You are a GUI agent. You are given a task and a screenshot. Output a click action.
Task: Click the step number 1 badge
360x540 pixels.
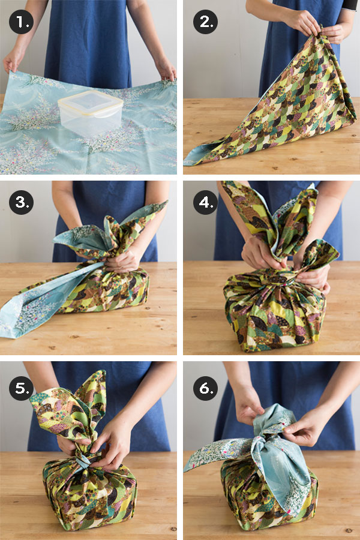[22, 22]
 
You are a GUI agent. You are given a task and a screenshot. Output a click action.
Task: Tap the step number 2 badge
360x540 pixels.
[205, 22]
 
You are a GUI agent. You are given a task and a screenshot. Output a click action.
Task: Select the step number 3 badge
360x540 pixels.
[22, 202]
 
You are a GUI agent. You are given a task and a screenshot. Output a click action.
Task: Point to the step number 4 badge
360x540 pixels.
[205, 202]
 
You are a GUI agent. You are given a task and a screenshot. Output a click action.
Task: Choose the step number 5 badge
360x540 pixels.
[22, 388]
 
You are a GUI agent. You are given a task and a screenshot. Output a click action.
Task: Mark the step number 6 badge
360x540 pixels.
[205, 388]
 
